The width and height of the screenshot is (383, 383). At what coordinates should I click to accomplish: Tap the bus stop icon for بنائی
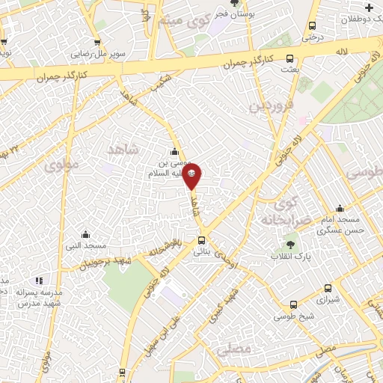(201, 240)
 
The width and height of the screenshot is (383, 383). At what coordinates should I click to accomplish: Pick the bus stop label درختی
(311, 35)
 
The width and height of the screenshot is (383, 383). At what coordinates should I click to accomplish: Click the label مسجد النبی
(88, 245)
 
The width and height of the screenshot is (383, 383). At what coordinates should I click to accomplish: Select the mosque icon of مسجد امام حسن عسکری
(340, 209)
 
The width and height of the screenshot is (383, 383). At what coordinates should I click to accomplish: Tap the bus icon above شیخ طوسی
(292, 304)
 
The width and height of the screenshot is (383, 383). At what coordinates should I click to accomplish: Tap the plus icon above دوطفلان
(369, 7)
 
